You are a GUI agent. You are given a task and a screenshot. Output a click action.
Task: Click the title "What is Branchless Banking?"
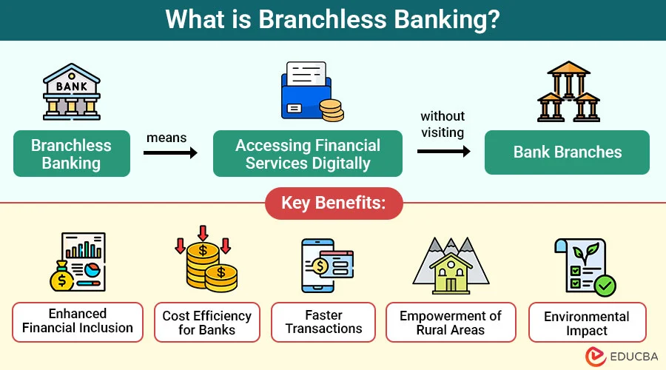point(332,19)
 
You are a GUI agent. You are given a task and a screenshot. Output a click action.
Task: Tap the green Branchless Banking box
point(71,154)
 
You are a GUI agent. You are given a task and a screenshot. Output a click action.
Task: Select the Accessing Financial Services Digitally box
point(308,154)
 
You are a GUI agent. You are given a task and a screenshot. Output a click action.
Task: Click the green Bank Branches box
point(567,152)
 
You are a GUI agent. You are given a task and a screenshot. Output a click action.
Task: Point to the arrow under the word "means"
point(170,153)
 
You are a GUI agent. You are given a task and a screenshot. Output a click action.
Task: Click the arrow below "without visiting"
point(443,152)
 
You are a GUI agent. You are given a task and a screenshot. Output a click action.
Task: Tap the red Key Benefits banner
point(333,203)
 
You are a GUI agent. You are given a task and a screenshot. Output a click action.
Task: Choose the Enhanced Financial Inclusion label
point(78,321)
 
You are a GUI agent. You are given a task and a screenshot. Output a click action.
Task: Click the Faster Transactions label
point(323,322)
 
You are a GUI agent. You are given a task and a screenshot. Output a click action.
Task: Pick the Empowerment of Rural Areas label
point(451,322)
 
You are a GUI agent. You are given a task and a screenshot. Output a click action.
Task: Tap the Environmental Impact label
point(587,323)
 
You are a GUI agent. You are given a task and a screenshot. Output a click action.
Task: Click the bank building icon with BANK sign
point(71,92)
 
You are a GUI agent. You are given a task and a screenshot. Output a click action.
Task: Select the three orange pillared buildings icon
point(568,92)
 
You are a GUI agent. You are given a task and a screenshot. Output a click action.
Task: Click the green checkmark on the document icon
point(605,286)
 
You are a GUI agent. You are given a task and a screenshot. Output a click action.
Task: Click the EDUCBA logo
point(622,357)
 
